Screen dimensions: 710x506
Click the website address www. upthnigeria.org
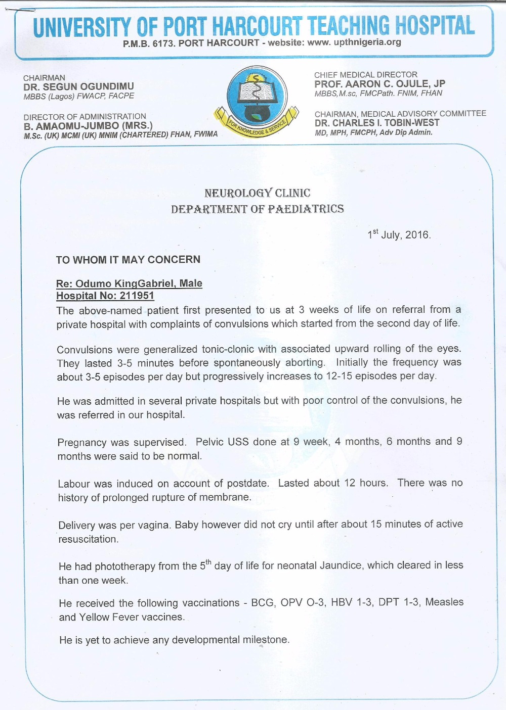pos(354,42)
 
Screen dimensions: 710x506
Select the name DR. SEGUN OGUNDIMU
pos(78,87)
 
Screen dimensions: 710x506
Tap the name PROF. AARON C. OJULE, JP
pos(379,84)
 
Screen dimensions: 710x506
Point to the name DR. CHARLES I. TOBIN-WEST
pos(377,123)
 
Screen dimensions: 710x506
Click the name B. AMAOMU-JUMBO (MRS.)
pos(88,126)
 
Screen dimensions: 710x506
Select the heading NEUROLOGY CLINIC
pos(257,193)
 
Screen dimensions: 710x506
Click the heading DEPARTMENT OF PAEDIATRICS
pos(257,209)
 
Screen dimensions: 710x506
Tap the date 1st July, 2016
pos(399,234)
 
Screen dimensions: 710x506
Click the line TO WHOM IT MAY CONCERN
pos(128,260)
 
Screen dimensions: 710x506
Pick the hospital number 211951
pos(137,296)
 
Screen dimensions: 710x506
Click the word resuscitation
pos(89,539)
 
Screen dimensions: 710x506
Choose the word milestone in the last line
pos(266,640)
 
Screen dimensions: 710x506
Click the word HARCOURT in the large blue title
pos(256,26)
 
